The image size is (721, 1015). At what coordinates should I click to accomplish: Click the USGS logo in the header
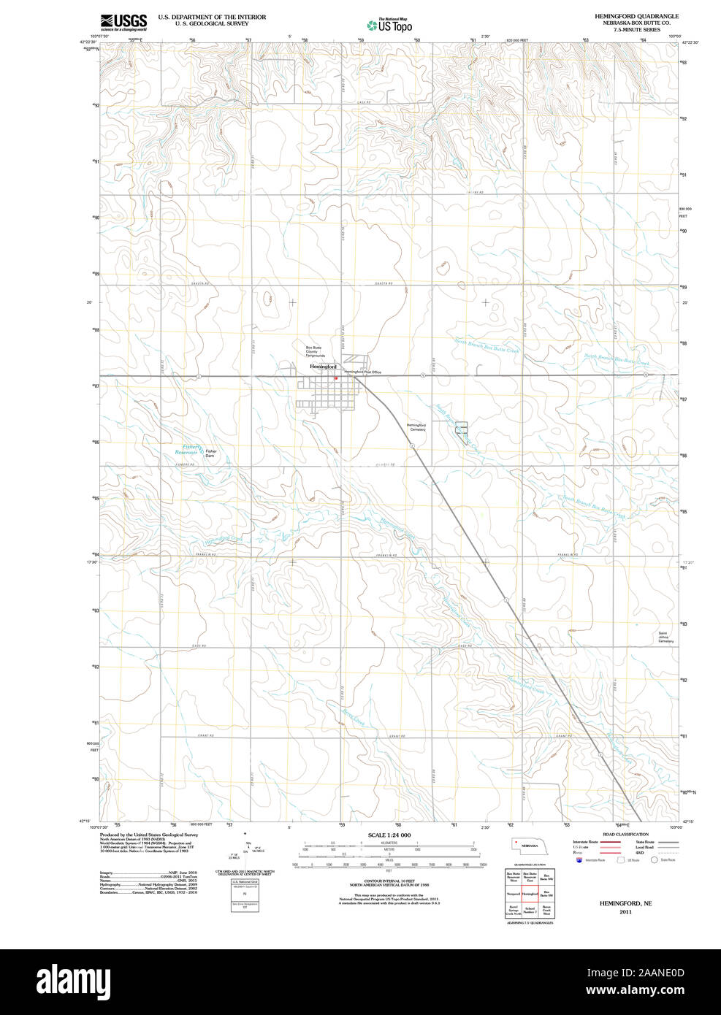point(123,21)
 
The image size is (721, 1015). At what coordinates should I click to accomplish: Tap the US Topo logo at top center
point(390,26)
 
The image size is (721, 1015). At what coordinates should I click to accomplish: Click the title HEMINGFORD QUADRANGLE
point(636,16)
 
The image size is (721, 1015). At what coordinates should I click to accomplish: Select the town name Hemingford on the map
point(323,366)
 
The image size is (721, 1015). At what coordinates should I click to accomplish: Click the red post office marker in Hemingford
point(335,378)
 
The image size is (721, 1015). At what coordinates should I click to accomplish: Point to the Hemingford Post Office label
point(363,372)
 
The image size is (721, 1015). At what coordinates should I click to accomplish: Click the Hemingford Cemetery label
point(416,427)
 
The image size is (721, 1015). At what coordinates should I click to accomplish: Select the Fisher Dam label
point(211,453)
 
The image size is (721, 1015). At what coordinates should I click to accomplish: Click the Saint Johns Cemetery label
point(665,637)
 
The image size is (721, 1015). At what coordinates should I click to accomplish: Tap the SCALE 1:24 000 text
point(389,835)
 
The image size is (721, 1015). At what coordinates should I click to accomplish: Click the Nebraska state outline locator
point(530,846)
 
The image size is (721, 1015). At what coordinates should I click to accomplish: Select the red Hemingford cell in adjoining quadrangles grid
point(530,894)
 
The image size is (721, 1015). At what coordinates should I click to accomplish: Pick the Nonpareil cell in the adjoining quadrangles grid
point(513,894)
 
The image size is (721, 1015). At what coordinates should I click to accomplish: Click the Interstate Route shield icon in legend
point(579,860)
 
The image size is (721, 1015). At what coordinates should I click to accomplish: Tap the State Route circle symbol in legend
point(654,860)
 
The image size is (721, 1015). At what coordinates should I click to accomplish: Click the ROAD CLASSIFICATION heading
point(625,834)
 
